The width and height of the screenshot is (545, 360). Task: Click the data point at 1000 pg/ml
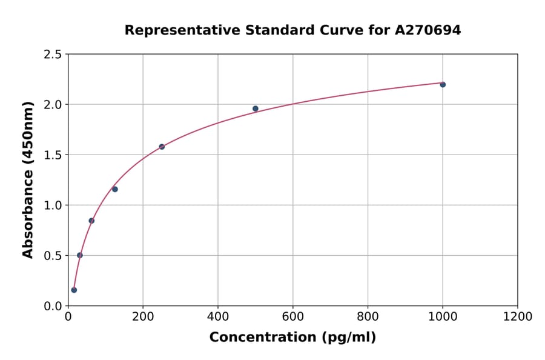[443, 84]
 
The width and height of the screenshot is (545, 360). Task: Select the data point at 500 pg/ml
[256, 108]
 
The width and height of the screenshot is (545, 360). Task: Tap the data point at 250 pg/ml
[162, 147]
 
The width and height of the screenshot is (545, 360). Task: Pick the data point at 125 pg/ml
[115, 189]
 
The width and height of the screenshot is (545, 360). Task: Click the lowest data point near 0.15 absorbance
[74, 290]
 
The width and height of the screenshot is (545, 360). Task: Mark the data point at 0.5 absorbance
[80, 255]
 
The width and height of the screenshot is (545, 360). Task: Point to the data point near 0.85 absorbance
[91, 221]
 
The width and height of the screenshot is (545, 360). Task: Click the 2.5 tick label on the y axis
[53, 55]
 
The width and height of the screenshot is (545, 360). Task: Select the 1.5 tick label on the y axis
[53, 155]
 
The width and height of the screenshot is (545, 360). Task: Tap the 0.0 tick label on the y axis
[53, 306]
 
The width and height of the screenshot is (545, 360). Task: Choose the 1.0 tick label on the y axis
[53, 205]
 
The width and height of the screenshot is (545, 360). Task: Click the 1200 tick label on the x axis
[518, 317]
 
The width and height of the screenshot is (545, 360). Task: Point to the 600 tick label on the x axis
[293, 317]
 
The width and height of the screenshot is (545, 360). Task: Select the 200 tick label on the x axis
[143, 317]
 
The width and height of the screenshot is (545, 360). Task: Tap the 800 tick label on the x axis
[368, 317]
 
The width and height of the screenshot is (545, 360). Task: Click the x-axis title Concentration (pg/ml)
[292, 338]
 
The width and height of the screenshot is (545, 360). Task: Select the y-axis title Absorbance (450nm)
[28, 180]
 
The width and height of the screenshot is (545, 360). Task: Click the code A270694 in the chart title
[429, 30]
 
